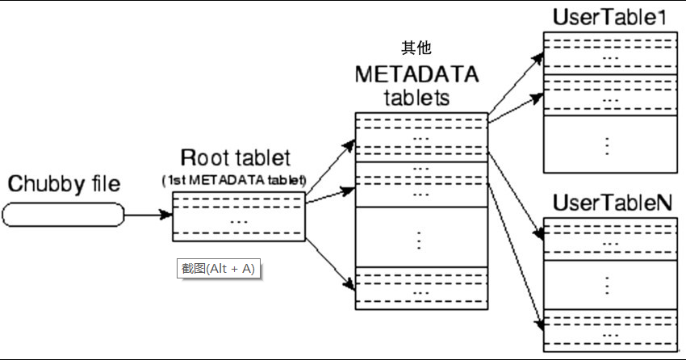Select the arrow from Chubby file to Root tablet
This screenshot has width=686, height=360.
click(149, 215)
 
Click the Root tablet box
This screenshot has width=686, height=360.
click(238, 216)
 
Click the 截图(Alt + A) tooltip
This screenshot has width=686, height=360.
click(219, 269)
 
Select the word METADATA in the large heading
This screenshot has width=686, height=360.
click(416, 74)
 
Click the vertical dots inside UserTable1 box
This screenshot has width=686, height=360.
click(608, 144)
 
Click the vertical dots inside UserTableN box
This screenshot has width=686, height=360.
click(608, 284)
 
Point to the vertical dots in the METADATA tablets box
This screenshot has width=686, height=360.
click(420, 239)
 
